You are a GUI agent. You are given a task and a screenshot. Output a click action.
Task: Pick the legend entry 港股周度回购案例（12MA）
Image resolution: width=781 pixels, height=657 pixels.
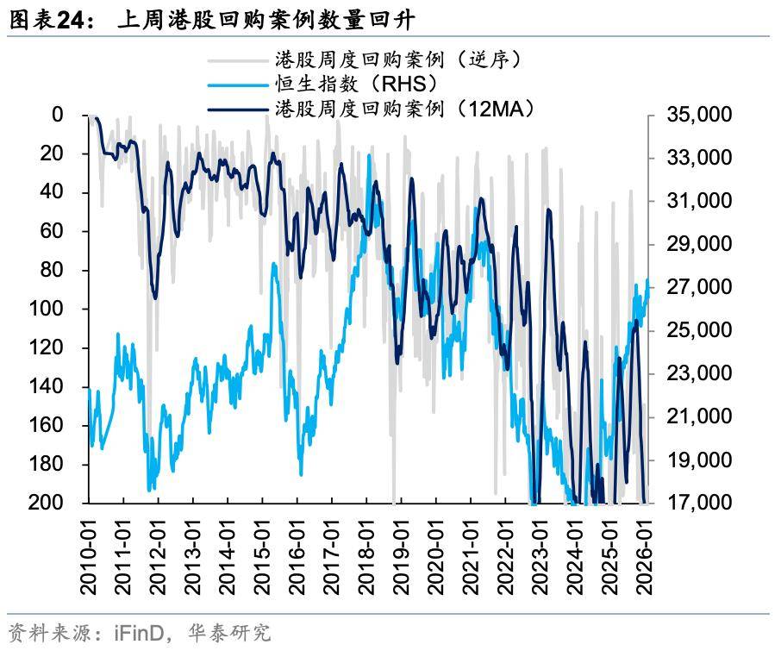click(405, 109)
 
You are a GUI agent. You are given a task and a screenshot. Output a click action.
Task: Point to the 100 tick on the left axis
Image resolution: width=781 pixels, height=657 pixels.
click(50, 309)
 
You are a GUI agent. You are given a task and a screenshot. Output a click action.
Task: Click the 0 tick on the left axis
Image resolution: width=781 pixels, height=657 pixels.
click(58, 115)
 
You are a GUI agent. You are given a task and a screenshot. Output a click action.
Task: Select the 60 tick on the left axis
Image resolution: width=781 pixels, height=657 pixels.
click(53, 231)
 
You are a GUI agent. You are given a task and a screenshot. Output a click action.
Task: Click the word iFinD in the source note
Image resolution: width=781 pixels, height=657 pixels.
click(137, 634)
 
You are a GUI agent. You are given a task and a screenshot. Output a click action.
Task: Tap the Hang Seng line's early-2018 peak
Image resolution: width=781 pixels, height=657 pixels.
click(369, 155)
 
